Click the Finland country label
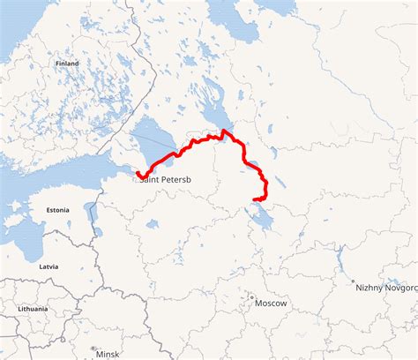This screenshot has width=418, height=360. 67,64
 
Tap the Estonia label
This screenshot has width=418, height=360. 57,210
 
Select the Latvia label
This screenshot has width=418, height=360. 49,266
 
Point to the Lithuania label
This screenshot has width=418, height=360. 34,309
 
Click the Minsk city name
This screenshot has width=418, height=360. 108,354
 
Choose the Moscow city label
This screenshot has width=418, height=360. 271,304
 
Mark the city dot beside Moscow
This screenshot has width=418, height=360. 251,297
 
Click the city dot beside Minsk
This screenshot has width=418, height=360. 93,349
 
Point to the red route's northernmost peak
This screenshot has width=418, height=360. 224,131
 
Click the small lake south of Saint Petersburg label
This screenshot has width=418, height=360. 152,224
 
